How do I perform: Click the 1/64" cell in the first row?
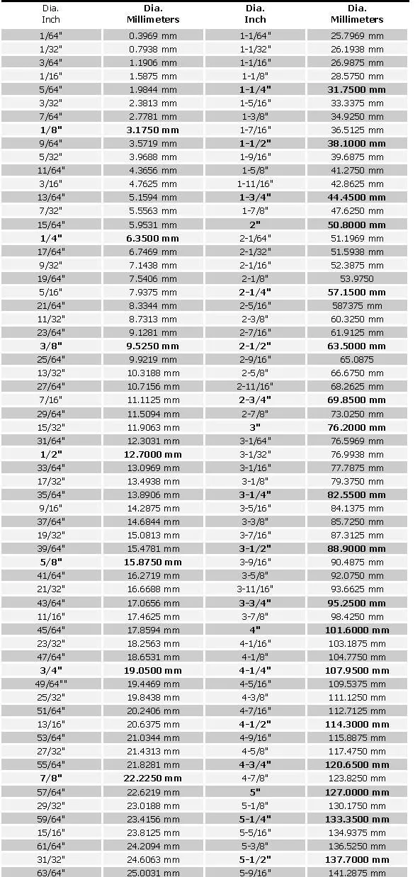(51, 35)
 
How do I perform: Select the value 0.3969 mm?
(153, 35)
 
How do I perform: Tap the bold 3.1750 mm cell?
(152, 130)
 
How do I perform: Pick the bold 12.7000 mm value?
(154, 454)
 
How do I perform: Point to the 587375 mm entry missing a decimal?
(357, 305)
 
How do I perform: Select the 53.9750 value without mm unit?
(357, 278)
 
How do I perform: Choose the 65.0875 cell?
(357, 359)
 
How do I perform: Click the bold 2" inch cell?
(255, 225)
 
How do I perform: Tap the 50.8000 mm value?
(357, 225)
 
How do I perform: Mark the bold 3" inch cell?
(255, 427)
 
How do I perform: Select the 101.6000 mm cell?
(357, 630)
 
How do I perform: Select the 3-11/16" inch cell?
(255, 589)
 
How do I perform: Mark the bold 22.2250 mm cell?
(154, 778)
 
